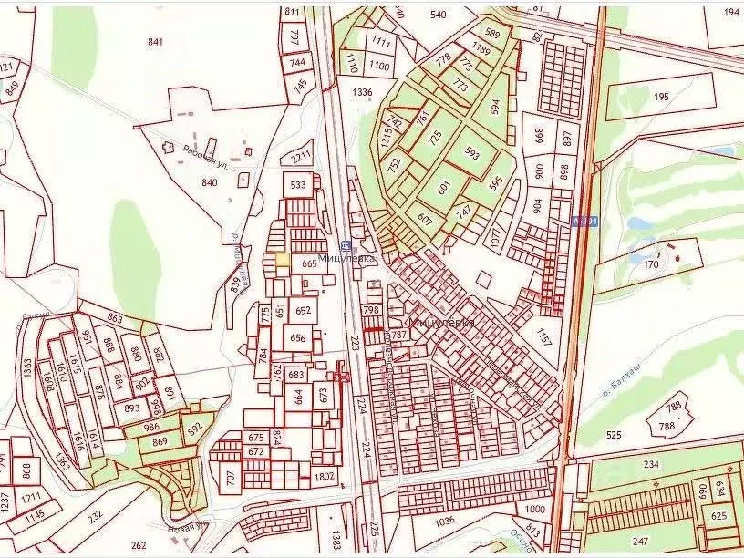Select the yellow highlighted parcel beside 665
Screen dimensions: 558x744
283,259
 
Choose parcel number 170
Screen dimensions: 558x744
650,265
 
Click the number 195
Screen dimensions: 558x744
661,97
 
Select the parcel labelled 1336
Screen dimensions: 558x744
363,92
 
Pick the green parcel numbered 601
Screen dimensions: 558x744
444,188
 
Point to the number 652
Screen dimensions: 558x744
303,311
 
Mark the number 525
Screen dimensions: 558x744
613,435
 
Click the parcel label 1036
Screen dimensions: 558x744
445,522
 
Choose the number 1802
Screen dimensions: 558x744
325,475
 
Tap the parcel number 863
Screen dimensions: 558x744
115,318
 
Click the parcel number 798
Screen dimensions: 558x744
370,310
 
